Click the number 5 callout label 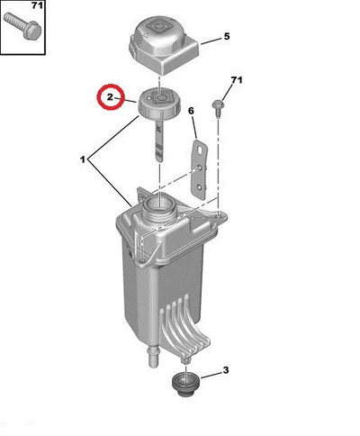(227, 36)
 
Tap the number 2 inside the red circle (110, 97)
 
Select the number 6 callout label (191, 111)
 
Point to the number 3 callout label (226, 370)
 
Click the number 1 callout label (83, 159)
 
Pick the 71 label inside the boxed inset (37, 5)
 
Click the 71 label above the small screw (237, 80)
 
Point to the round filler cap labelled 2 (158, 104)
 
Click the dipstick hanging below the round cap (159, 140)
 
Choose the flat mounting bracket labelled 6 (199, 168)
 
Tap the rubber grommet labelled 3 (183, 385)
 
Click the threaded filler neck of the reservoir (158, 209)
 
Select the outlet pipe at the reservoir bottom (153, 357)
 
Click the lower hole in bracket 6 (201, 188)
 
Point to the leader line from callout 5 (211, 41)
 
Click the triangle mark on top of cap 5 (145, 35)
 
